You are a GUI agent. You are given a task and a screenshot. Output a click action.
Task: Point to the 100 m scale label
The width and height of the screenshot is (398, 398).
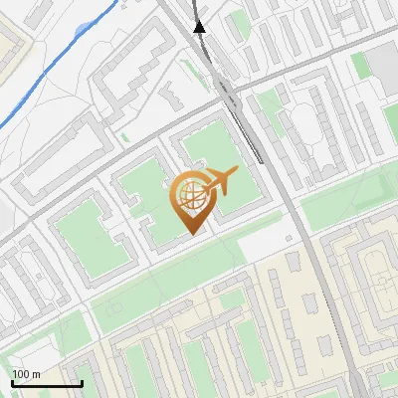[x=26, y=374]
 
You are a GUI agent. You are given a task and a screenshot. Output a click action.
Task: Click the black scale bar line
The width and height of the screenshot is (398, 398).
[x=46, y=383]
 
